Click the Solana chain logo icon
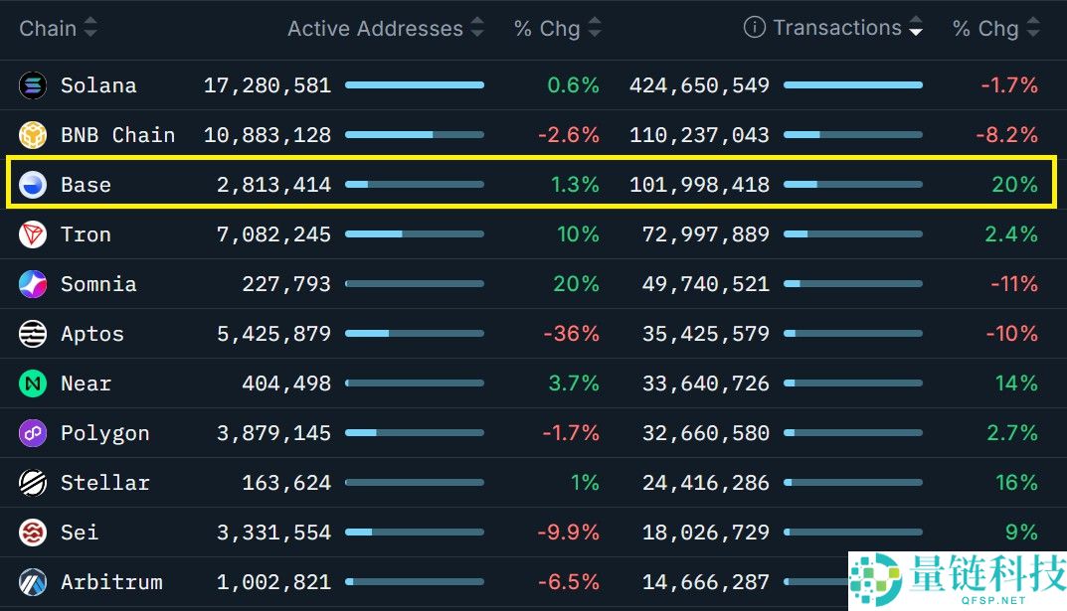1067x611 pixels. [33, 85]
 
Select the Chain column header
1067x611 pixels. [48, 28]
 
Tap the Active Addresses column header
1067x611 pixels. [375, 29]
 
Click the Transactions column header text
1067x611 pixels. [837, 28]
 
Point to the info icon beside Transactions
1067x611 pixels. [754, 28]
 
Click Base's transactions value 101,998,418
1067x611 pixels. [699, 185]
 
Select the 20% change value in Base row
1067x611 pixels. [1014, 185]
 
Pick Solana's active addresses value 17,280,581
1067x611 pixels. [267, 85]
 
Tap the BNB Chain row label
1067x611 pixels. [117, 135]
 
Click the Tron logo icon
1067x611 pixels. [33, 234]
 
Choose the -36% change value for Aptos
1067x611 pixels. [571, 334]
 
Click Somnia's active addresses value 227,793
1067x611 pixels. [286, 284]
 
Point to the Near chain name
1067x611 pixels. [86, 383]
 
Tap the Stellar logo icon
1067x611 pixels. [33, 483]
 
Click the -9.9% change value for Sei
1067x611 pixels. [568, 533]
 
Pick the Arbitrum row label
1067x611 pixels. [111, 582]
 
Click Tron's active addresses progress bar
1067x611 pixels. [415, 234]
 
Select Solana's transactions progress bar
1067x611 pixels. [853, 85]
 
